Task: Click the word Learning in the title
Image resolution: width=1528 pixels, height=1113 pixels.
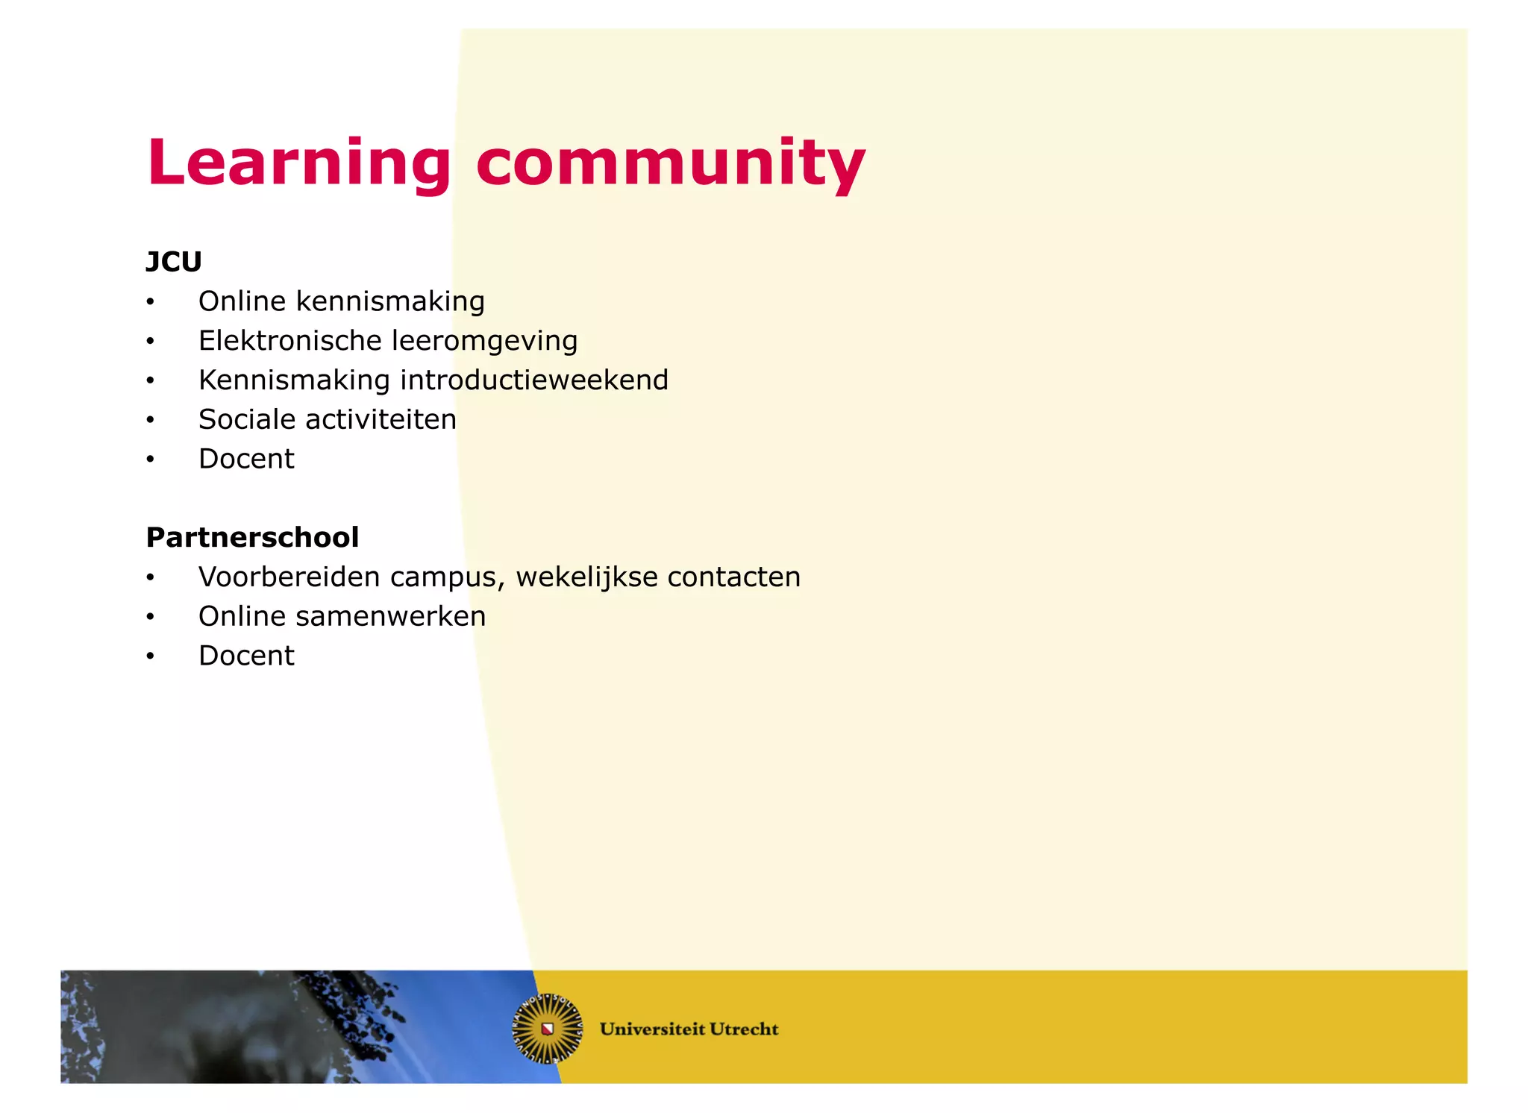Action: (x=298, y=163)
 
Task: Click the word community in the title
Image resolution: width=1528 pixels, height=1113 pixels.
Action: (x=670, y=163)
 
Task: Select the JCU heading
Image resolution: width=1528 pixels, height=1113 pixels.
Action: (x=174, y=262)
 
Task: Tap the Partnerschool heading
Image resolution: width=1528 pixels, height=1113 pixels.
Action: (x=252, y=537)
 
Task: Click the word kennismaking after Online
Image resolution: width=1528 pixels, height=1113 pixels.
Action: (x=390, y=302)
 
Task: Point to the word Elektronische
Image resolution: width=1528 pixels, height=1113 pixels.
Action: (x=290, y=341)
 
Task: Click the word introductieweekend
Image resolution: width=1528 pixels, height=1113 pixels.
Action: (x=534, y=380)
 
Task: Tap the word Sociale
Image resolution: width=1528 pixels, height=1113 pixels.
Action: (x=247, y=419)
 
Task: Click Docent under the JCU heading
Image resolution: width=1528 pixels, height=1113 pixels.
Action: (x=246, y=459)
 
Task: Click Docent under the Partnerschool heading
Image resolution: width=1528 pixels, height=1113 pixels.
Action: (x=246, y=656)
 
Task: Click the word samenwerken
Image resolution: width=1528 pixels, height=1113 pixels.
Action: (x=390, y=617)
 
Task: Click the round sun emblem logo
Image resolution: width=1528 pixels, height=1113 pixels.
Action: (x=548, y=1029)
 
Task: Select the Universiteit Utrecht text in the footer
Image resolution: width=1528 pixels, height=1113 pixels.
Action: (x=689, y=1029)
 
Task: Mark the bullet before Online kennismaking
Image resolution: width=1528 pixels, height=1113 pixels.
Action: (x=150, y=302)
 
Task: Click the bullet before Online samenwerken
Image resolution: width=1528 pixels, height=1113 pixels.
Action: (x=150, y=617)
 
